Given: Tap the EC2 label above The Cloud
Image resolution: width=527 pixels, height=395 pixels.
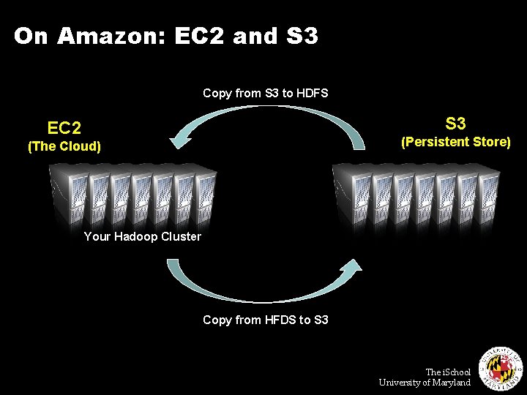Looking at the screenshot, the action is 64,129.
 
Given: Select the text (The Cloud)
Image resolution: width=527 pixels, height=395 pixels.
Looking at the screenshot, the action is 64,146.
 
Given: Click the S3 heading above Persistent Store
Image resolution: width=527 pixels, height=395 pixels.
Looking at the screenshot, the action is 455,123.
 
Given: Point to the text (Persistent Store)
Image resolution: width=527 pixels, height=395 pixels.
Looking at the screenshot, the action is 455,141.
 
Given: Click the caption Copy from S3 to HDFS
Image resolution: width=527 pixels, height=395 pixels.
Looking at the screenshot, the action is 265,93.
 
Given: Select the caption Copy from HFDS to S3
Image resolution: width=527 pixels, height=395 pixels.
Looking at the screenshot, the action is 265,320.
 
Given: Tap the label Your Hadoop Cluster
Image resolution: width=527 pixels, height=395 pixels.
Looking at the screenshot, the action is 142,236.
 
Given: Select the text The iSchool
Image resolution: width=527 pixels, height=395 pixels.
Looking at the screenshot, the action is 448,372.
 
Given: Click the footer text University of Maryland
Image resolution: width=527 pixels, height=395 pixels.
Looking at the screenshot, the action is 425,383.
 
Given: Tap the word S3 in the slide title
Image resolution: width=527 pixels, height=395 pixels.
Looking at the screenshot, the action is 302,36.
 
